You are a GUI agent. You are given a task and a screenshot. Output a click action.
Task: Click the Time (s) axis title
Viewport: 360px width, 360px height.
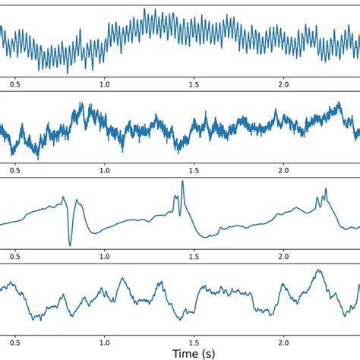coord(194,352)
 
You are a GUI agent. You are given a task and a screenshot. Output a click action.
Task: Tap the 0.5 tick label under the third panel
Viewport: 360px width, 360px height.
coord(14,256)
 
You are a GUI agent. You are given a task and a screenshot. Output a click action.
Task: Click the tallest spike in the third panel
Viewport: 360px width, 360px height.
coord(182,182)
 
